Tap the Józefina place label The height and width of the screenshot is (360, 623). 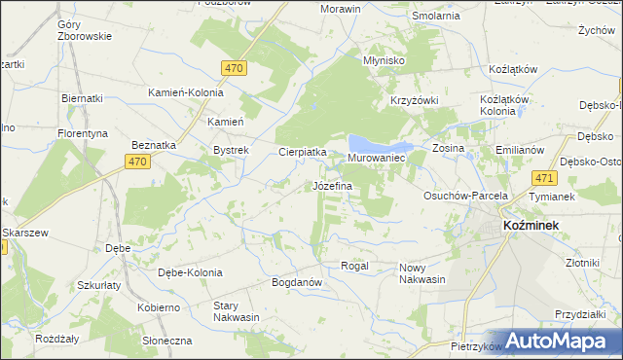(x=331, y=185)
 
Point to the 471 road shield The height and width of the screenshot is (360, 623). (x=545, y=178)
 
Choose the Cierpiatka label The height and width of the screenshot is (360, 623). (x=302, y=152)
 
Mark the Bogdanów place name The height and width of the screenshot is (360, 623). (x=297, y=282)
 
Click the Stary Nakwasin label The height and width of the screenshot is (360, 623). (x=237, y=311)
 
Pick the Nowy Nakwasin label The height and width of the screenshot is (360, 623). (x=421, y=272)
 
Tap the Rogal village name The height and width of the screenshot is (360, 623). (x=354, y=266)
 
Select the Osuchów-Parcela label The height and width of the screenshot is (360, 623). (x=465, y=196)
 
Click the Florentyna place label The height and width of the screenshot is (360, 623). (x=82, y=131)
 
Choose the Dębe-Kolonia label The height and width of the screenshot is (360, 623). (x=190, y=272)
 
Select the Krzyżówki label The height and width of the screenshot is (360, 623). (x=416, y=101)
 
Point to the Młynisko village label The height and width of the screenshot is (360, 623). (x=384, y=59)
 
